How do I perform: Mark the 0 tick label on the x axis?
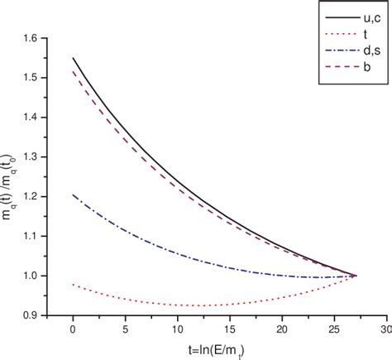click(73, 329)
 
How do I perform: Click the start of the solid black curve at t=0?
click(74, 58)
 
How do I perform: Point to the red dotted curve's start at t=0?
click(74, 284)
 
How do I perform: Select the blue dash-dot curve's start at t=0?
click(74, 194)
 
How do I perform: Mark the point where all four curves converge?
click(356, 275)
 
